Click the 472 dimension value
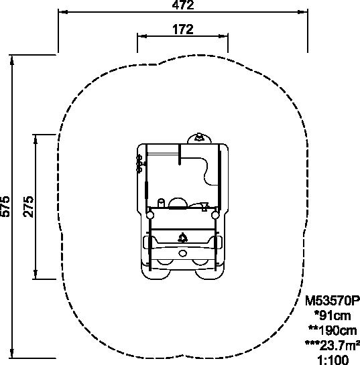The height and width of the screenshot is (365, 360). click(183, 5)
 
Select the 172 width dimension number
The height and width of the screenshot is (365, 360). click(183, 29)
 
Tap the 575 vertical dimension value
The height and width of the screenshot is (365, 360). click(5, 206)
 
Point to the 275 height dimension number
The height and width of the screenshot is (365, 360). click(28, 207)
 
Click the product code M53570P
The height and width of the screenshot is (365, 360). click(333, 301)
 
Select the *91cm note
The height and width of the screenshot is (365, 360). click(333, 316)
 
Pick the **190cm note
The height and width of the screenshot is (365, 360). click(333, 331)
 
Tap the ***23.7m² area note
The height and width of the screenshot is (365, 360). click(333, 346)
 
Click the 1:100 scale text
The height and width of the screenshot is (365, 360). click(333, 360)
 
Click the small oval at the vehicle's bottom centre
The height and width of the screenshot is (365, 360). click(182, 254)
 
